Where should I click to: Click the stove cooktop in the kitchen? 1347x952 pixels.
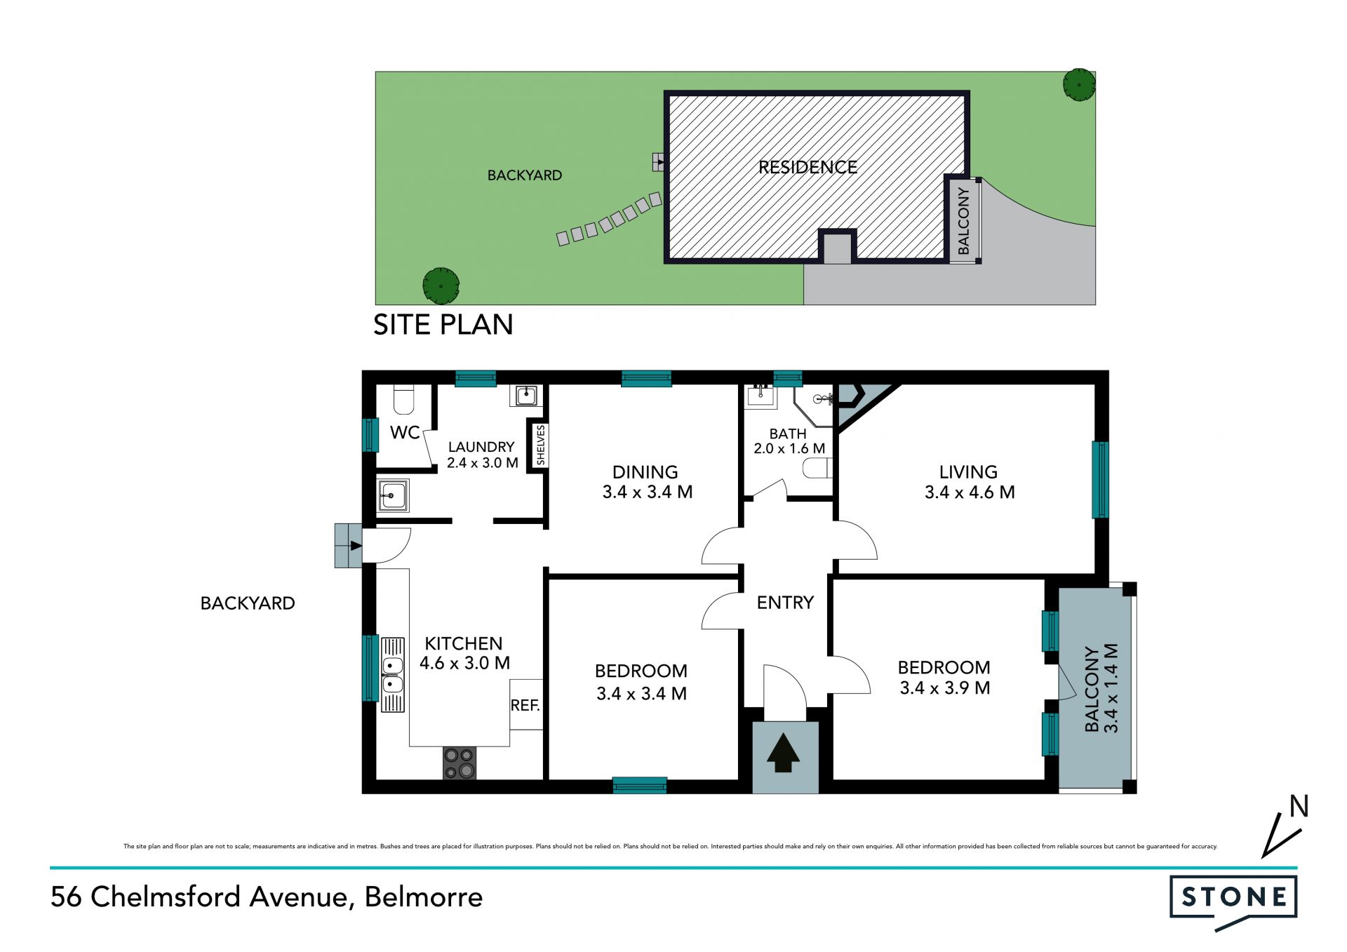460,763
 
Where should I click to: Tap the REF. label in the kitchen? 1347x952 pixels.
525,706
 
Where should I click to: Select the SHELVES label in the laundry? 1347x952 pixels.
540,445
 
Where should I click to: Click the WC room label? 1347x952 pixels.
405,433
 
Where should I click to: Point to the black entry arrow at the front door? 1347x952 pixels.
784,753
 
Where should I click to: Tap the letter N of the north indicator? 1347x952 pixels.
1299,807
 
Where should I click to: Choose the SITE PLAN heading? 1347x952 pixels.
443,325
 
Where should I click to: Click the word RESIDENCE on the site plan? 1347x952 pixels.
807,167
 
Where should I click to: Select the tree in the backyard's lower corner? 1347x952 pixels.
441,286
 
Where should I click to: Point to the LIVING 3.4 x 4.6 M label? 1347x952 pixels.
969,482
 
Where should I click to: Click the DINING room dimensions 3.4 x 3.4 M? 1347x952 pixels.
647,492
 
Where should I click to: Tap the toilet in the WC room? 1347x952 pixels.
403,398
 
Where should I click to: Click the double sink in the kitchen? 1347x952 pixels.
393,675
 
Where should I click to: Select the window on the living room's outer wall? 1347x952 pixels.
1100,480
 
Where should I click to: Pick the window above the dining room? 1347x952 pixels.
646,379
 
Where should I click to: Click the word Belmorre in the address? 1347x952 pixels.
424,897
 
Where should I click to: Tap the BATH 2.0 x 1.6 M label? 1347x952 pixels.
789,441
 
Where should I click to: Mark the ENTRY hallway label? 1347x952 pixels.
785,603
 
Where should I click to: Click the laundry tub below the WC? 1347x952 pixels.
393,496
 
